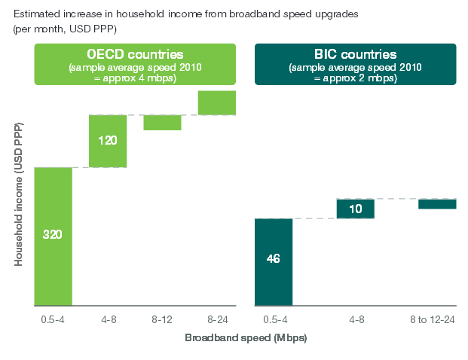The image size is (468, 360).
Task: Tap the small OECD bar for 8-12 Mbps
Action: tap(162, 122)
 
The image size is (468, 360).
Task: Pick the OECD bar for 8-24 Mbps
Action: tap(217, 102)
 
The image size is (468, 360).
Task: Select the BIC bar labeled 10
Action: tap(356, 208)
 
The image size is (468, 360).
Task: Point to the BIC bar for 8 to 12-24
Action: tap(437, 203)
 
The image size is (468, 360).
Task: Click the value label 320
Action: tap(53, 234)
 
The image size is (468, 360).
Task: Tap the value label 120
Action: tap(108, 139)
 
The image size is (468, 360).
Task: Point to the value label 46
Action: tap(274, 259)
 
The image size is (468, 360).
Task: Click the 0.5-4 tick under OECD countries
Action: tap(54, 319)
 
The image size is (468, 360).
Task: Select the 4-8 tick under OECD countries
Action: tap(108, 319)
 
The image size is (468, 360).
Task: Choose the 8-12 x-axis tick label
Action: tap(162, 319)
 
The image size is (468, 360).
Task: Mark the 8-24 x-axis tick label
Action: tap(217, 319)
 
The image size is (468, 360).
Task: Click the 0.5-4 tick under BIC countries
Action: tap(274, 319)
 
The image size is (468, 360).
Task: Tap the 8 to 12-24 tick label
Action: tap(437, 319)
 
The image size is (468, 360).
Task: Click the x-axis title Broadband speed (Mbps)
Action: tap(246, 337)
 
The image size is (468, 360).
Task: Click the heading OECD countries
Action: tap(136, 54)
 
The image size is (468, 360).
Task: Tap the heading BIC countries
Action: tap(356, 54)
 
